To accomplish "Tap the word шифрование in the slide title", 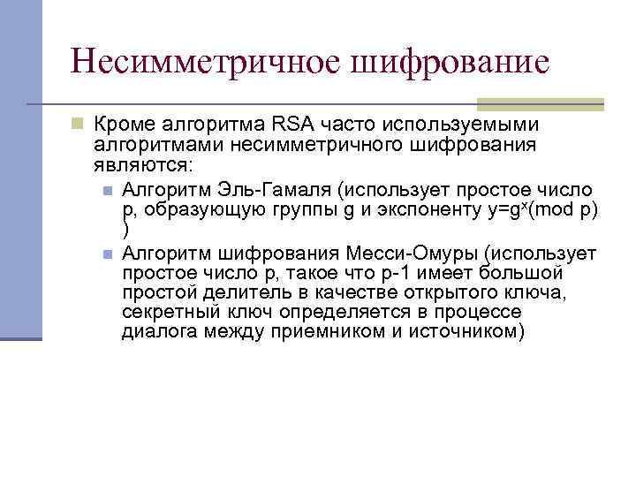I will (x=450, y=62).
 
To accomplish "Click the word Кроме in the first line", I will (x=122, y=124).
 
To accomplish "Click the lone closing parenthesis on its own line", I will (x=125, y=230).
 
